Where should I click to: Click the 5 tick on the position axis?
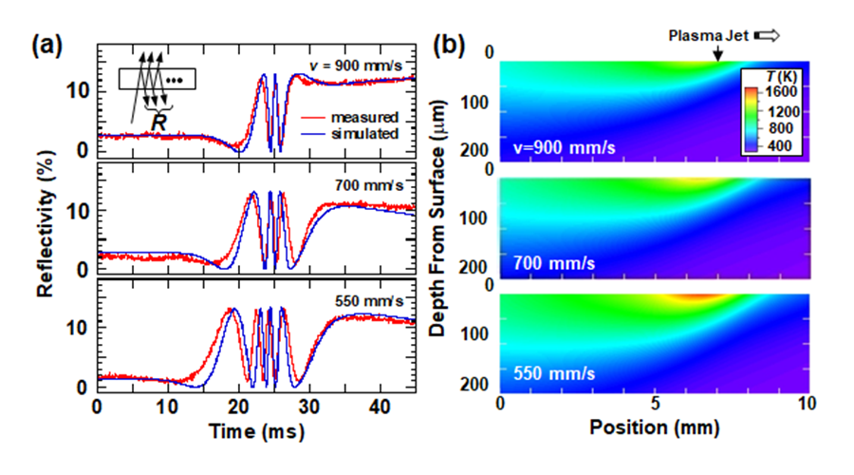click(655, 403)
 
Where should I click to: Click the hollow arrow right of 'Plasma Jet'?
click(766, 36)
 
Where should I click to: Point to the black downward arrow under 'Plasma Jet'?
click(717, 56)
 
